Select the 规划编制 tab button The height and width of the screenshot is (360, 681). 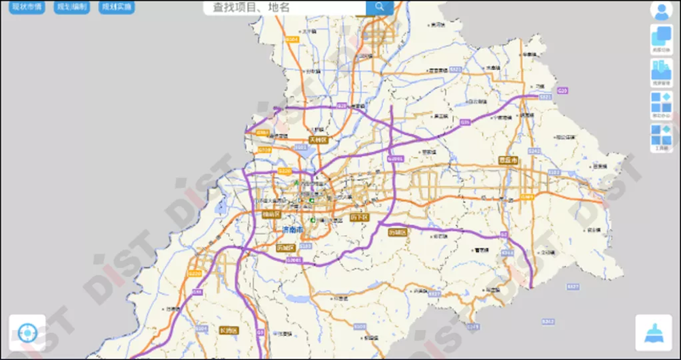coord(72,7)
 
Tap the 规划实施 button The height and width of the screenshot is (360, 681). coord(117,7)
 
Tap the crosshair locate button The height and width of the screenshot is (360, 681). coord(27,333)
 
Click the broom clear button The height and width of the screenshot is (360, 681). coord(653,333)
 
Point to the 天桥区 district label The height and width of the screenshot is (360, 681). coord(318,140)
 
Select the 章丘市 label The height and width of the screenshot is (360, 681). coord(508,161)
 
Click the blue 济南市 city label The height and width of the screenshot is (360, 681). coord(294,230)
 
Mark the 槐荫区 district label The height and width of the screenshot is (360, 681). coord(271,214)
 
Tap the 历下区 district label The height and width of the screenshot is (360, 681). coord(359,217)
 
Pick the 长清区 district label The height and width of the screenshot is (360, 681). coord(229,331)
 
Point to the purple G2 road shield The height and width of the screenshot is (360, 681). coord(504,235)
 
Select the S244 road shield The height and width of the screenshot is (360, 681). coord(507,252)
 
